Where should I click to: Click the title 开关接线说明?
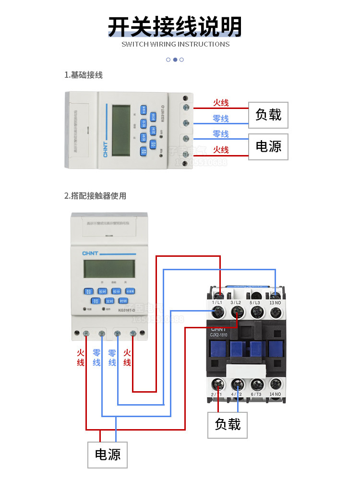175,27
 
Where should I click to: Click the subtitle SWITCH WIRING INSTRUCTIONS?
175,44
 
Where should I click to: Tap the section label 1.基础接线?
84,75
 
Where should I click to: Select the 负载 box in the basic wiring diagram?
268,115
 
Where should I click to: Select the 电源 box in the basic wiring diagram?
268,146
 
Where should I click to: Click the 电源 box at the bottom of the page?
108,454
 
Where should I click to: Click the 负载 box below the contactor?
228,424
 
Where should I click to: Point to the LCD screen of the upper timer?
121,130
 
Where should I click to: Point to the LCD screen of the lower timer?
103,269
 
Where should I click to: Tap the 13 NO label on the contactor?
276,302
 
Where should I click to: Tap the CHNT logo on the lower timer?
90,253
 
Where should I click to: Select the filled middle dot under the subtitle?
175,60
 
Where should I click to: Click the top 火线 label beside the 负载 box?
221,103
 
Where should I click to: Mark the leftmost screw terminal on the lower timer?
86,333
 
